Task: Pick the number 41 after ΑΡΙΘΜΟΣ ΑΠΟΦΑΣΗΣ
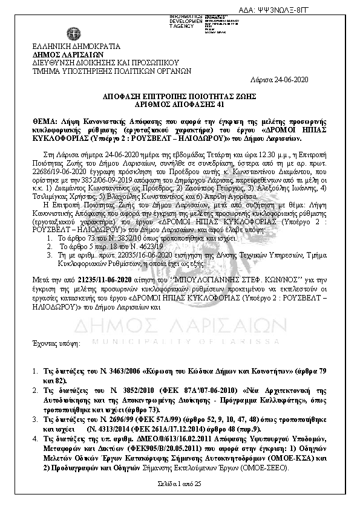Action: point(212,104)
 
